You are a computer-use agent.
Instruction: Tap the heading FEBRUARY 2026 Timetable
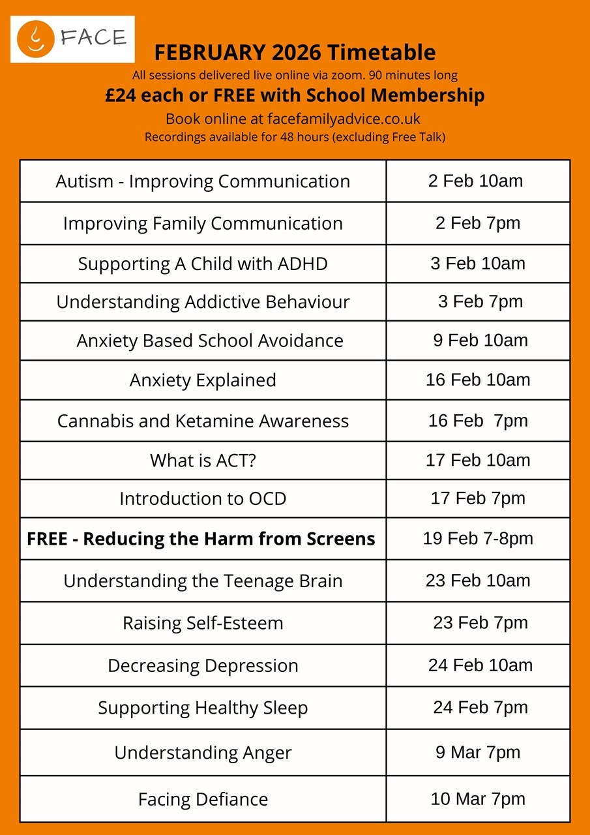tap(295, 52)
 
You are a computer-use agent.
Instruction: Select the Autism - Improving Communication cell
tap(203, 181)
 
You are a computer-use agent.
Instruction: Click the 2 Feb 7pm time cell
tap(478, 223)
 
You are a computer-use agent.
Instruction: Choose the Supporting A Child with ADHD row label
tap(203, 264)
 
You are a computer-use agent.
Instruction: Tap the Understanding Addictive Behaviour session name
tap(203, 302)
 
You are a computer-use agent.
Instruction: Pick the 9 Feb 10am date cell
tap(480, 340)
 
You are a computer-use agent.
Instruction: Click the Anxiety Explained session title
tap(203, 380)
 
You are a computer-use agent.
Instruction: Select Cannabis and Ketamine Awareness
tap(203, 421)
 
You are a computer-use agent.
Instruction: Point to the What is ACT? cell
tap(203, 461)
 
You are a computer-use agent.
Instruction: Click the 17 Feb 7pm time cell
tap(478, 499)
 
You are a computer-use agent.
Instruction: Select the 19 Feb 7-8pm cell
tap(478, 539)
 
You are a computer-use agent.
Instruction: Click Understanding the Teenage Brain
tap(203, 581)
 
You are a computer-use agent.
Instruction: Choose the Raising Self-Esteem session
tap(203, 623)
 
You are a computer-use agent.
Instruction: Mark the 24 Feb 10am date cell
tap(480, 665)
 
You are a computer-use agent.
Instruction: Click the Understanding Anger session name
tap(203, 753)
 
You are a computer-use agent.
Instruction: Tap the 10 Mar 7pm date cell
tap(478, 799)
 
